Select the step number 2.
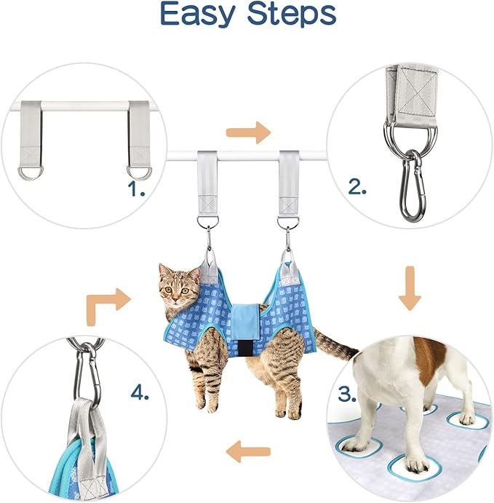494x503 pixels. click(356, 187)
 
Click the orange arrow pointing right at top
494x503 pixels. click(247, 133)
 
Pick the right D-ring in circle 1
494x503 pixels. click(138, 171)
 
